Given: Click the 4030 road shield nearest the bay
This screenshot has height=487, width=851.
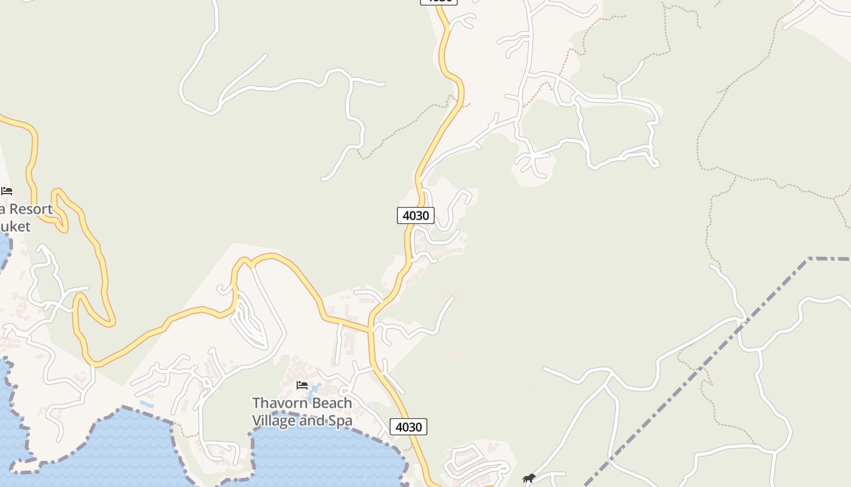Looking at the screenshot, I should click(x=408, y=427).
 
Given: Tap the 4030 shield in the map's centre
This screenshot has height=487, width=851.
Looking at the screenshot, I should click(x=416, y=215).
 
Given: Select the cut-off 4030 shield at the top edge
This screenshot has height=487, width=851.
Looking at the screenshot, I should click(x=438, y=2).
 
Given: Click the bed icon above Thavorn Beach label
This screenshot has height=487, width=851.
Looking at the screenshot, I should click(x=301, y=385).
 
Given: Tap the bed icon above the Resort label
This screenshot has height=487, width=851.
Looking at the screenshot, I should click(x=7, y=191).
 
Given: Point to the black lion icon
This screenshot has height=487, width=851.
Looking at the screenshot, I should click(x=529, y=478).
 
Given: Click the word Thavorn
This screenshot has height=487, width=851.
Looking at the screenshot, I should click(x=277, y=403).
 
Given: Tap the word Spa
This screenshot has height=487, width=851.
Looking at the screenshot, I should click(x=339, y=421).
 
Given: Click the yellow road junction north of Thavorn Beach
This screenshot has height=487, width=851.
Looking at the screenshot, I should click(x=370, y=329).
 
